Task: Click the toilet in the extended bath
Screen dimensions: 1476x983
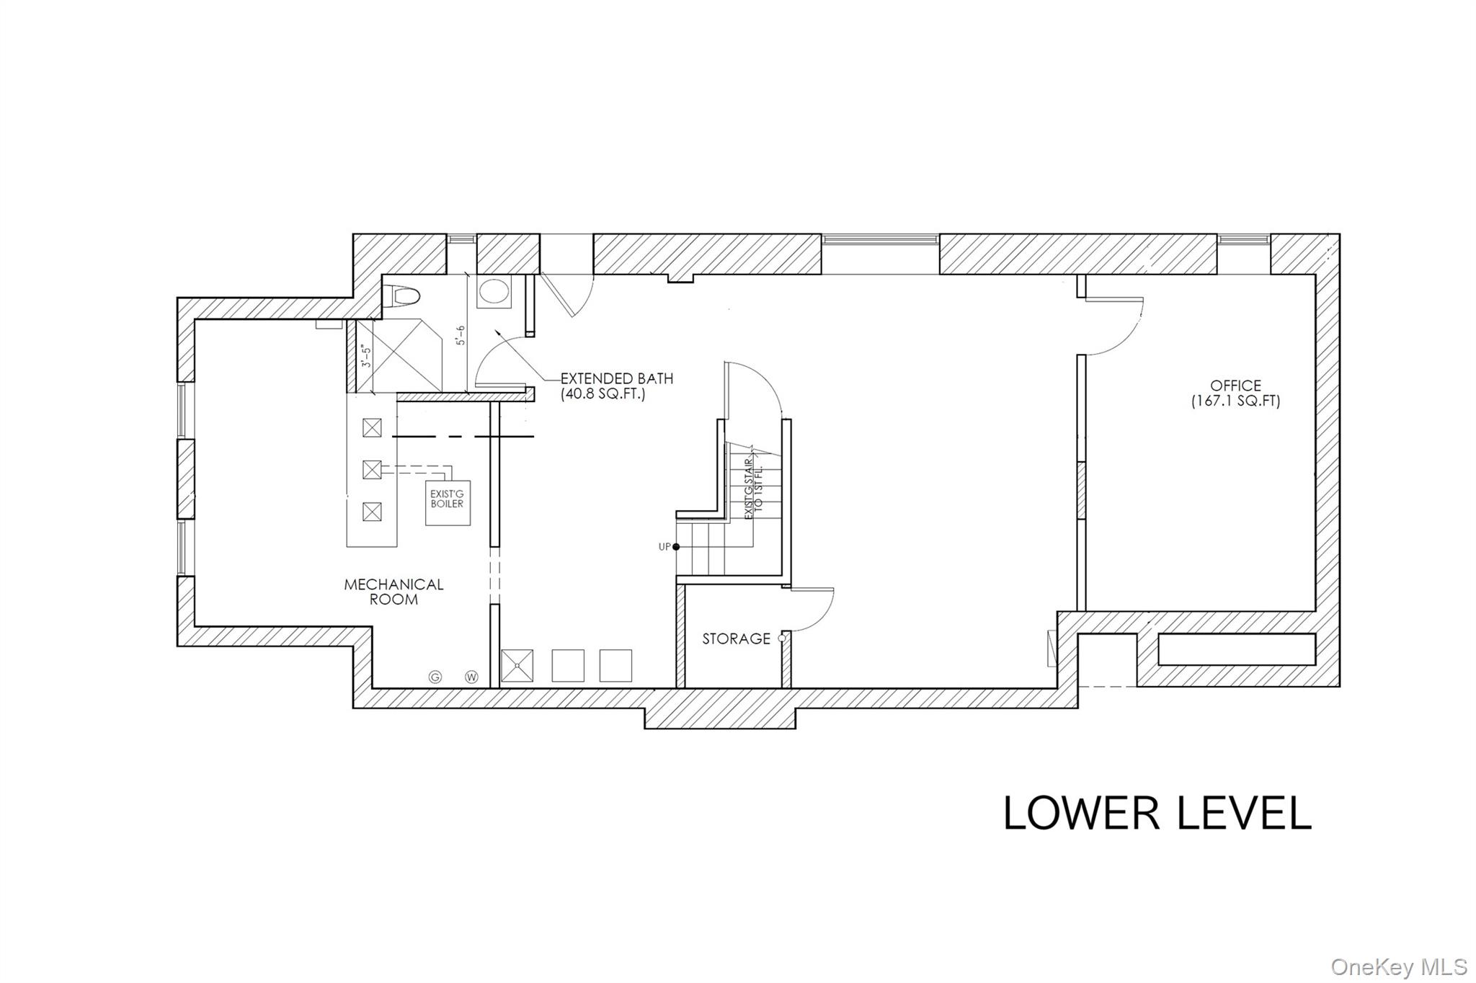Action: click(404, 295)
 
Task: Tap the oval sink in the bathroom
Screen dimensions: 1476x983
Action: click(494, 293)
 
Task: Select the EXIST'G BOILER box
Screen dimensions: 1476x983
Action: click(448, 502)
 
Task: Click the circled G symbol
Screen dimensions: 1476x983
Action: click(435, 677)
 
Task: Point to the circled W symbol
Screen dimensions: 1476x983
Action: click(472, 677)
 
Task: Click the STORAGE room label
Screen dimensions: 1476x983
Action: click(737, 639)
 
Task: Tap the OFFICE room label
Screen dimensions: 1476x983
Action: click(1236, 386)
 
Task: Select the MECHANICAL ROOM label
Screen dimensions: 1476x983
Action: click(394, 592)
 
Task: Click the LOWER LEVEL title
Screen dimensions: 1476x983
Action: click(1157, 813)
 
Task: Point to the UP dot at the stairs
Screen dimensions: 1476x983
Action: click(676, 547)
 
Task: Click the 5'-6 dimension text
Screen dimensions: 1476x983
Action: click(461, 336)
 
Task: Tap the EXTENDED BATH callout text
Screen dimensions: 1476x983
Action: click(617, 386)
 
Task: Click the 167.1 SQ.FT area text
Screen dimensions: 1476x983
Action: click(1236, 402)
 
